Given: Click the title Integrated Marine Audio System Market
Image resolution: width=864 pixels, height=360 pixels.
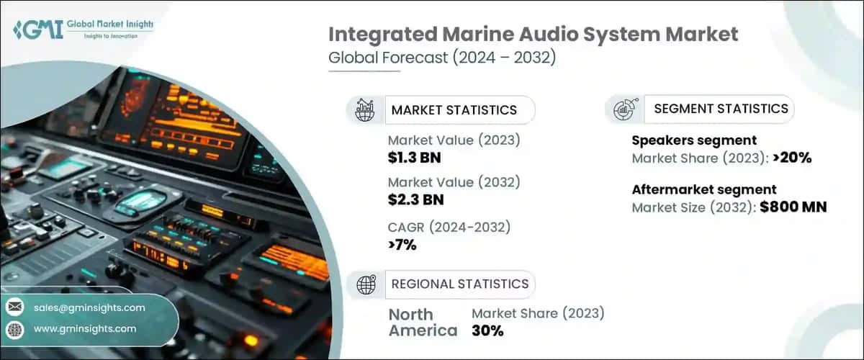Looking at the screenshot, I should (x=534, y=34).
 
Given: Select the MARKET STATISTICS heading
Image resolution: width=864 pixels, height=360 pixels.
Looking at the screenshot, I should (x=454, y=110).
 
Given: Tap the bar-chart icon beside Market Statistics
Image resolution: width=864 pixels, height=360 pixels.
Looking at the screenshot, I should (x=366, y=110).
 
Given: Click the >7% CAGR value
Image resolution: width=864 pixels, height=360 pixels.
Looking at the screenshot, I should (x=402, y=245).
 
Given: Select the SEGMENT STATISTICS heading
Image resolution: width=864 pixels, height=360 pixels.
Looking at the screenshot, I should (x=721, y=109).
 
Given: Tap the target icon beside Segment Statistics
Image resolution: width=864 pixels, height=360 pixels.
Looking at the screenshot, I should (x=623, y=109).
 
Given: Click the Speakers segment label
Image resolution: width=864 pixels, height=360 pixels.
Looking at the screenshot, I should (x=694, y=140).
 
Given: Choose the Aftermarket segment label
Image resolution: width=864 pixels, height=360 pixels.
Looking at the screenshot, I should (x=704, y=190).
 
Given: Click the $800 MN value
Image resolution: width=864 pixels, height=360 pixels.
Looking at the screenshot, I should (x=793, y=207).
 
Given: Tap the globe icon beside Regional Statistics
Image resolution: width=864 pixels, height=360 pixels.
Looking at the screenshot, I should (x=366, y=285).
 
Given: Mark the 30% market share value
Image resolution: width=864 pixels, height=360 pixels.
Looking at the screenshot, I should (x=487, y=330).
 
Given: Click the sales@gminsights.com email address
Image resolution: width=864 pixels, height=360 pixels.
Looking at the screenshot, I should (x=89, y=307).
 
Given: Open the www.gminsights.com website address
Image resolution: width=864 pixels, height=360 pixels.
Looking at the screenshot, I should (x=85, y=328).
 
